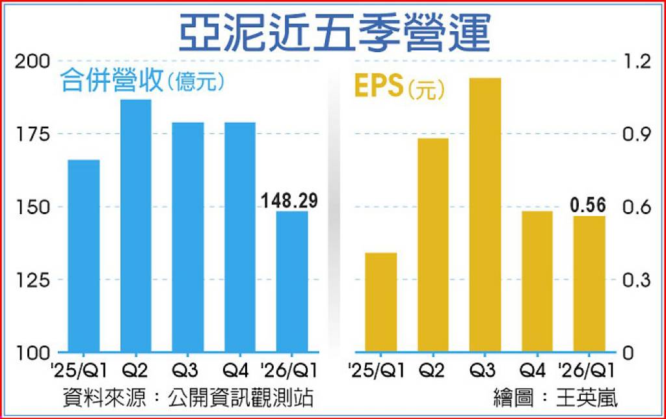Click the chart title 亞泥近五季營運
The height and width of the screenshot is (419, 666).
334,33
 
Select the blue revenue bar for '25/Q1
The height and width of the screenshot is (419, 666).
84,256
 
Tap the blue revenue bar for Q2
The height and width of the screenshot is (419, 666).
136,226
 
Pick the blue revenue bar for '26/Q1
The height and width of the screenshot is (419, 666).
292,281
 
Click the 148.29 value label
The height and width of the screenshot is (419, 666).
289,200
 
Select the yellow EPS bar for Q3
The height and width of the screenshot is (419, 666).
485,215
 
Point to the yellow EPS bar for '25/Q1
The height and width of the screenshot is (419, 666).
381,302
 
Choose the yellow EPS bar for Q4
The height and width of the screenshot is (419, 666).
537,281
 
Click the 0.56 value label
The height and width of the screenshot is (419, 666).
588,205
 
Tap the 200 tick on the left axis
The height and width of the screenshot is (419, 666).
33,62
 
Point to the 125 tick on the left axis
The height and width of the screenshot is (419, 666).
33,280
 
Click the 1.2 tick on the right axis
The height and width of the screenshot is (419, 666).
636,62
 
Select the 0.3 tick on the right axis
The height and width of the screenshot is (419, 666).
636,280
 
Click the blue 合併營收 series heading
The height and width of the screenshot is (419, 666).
112,80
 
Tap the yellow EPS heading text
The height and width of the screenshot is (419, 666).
379,85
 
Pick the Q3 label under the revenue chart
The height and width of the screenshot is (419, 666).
185,371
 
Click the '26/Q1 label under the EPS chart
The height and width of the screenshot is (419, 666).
587,371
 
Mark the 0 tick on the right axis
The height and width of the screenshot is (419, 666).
628,353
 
